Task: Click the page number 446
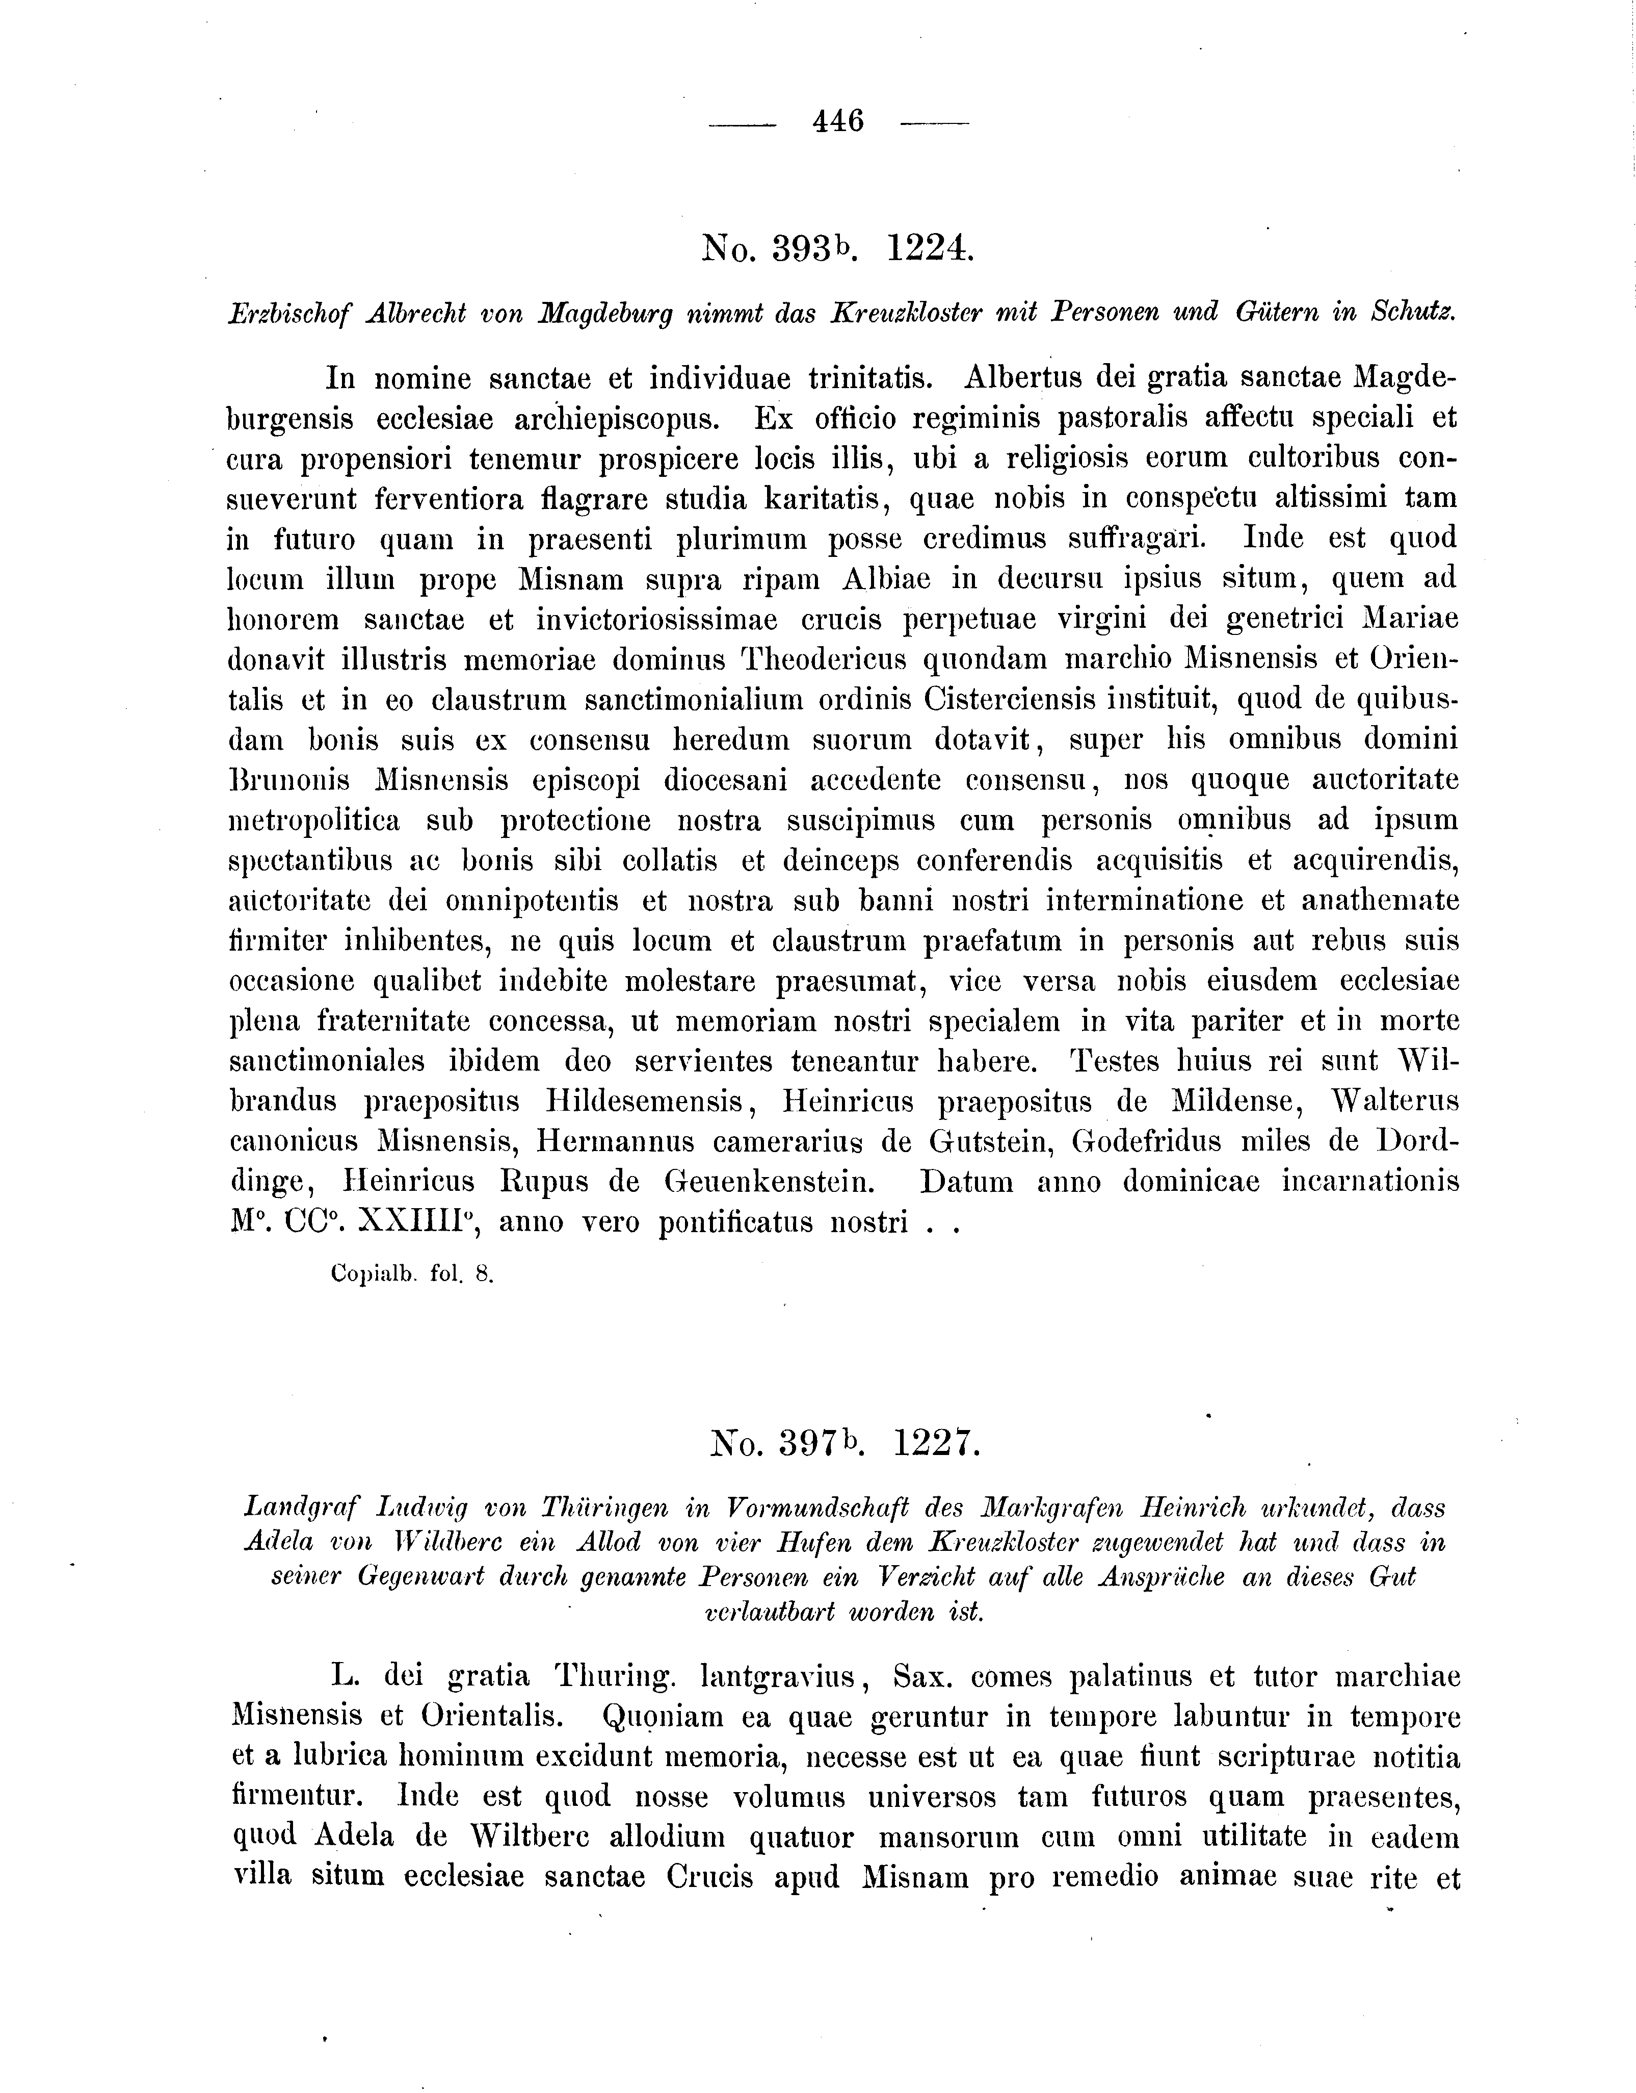[838, 122]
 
